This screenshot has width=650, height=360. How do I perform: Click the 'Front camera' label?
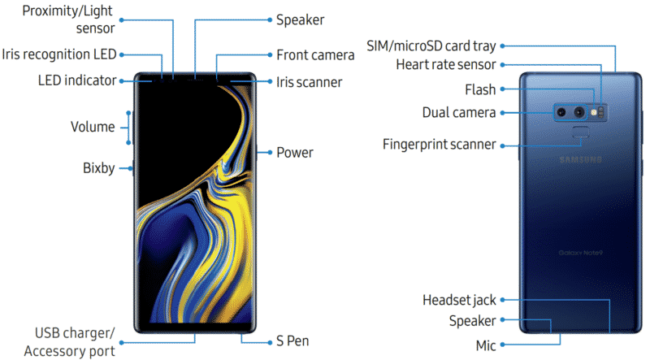pyautogui.click(x=314, y=55)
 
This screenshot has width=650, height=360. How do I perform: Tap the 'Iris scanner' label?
pyautogui.click(x=309, y=82)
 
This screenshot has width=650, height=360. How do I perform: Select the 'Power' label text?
pyautogui.click(x=294, y=152)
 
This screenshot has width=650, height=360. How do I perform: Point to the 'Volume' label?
pyautogui.click(x=93, y=127)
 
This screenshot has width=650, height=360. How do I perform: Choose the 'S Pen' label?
pyautogui.click(x=292, y=340)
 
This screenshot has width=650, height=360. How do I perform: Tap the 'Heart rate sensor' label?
pyautogui.click(x=446, y=63)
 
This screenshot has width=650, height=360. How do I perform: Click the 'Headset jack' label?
pyautogui.click(x=459, y=301)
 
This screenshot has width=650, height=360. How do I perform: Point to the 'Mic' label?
pyautogui.click(x=486, y=345)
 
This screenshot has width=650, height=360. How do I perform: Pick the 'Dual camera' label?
pyautogui.click(x=459, y=112)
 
